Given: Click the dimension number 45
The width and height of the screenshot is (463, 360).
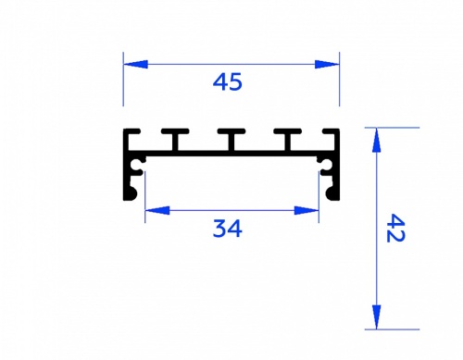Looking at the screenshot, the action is pos(228,82).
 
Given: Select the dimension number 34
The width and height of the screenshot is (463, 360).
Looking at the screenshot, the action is pos(228,229).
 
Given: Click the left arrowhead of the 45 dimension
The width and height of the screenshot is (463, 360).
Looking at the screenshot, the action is pos(135,65).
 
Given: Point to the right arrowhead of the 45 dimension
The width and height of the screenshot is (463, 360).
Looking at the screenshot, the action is pos(327,65).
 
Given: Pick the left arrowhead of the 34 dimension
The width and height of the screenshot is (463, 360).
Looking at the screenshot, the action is pos(157,211).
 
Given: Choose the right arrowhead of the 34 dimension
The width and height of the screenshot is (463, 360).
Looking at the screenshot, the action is pos(307,211).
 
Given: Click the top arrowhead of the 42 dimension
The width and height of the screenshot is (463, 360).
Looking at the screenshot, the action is pos(376,140).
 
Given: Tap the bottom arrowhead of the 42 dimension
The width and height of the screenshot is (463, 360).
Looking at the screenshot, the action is pos(376,317).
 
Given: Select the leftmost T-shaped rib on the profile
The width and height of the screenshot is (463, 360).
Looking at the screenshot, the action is pos(175,140).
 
